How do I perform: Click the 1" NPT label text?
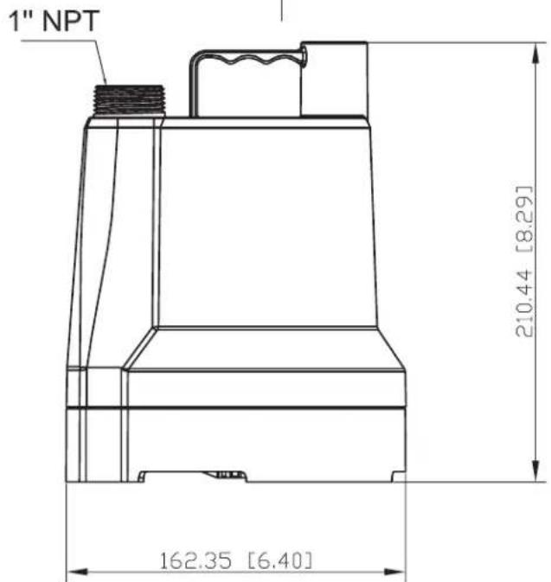pyautogui.click(x=53, y=23)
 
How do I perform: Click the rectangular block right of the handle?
pyautogui.click(x=333, y=79)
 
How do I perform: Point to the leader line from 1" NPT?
pyautogui.click(x=99, y=65)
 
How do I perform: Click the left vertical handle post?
pyautogui.click(x=195, y=86)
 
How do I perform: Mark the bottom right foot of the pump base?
pyautogui.click(x=397, y=476)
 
